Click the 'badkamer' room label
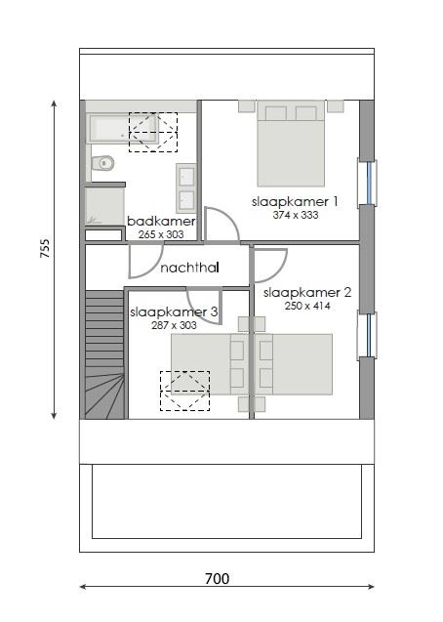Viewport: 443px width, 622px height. click(161, 222)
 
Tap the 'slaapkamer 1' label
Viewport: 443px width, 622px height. click(294, 202)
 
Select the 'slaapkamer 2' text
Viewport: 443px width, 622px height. click(307, 292)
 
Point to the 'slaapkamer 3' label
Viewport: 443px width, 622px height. click(167, 312)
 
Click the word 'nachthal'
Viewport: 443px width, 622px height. click(189, 268)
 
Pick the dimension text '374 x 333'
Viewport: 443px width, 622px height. click(294, 215)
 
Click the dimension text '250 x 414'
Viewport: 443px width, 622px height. click(307, 306)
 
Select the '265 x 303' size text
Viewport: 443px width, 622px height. click(161, 234)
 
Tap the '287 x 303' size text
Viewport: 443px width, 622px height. click(174, 325)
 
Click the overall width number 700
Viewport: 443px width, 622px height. click(217, 579)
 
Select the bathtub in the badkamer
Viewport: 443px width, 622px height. click(132, 128)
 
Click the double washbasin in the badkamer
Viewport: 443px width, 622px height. click(185, 187)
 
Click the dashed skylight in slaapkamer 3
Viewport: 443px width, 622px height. click(183, 390)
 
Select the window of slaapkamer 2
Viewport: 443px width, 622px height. click(370, 335)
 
